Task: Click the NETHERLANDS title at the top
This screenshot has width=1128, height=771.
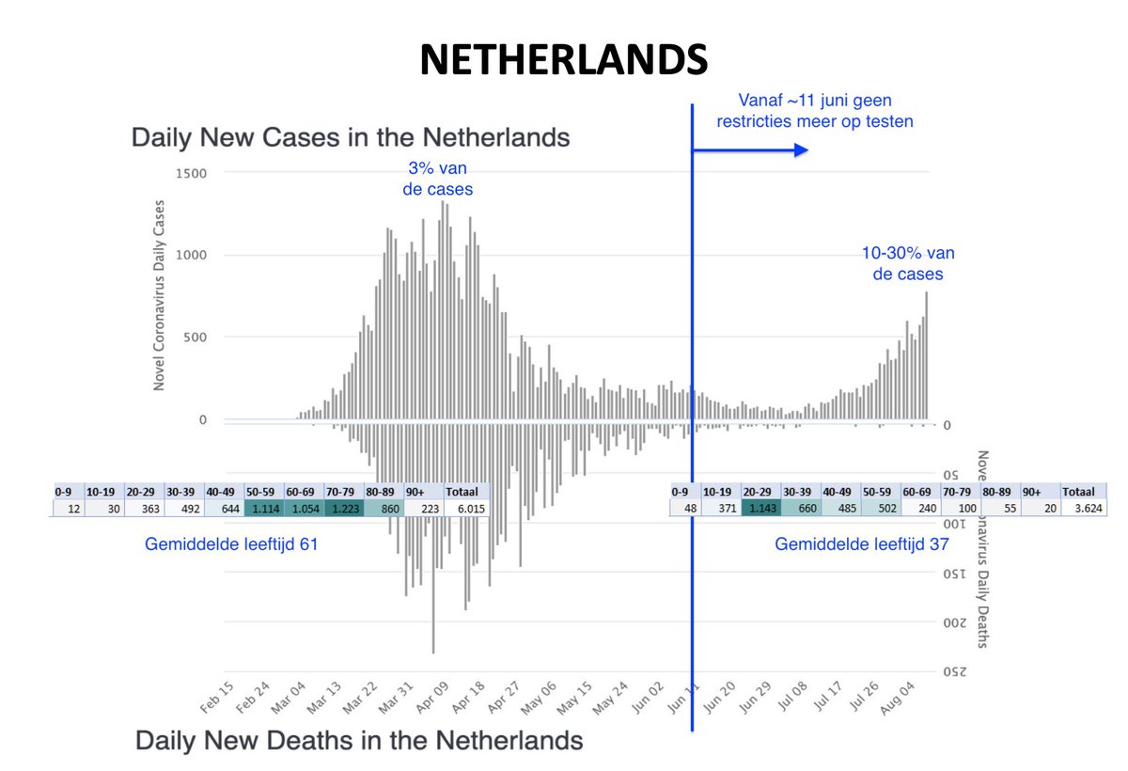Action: (x=563, y=59)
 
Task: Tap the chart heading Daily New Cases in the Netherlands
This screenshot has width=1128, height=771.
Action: (x=351, y=137)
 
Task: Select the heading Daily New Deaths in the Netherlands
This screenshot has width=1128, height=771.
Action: (x=359, y=740)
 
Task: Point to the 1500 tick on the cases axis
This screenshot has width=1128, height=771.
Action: (x=190, y=173)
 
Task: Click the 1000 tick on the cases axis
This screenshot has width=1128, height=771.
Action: (x=190, y=255)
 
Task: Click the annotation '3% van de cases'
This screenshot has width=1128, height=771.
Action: (x=433, y=179)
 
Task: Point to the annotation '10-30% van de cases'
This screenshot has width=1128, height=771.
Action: (x=902, y=263)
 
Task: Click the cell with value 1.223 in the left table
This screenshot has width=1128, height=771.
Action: (x=343, y=509)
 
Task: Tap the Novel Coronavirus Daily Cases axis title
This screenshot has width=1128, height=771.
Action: (x=160, y=295)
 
